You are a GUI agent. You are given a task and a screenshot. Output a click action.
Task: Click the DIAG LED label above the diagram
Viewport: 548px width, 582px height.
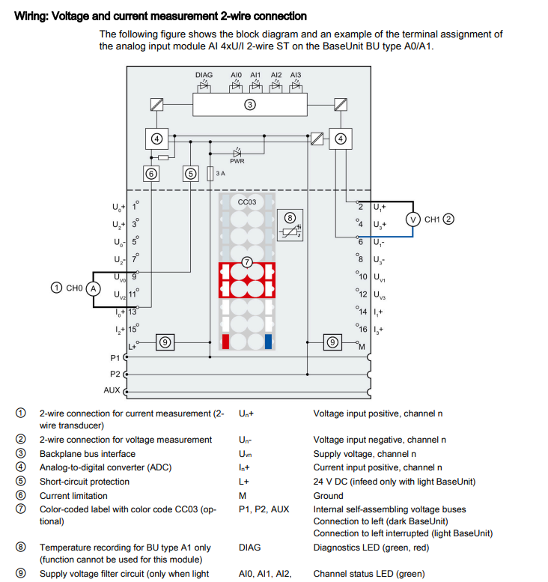point(204,76)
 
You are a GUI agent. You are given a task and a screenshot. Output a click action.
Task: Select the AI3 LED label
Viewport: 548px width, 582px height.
point(296,76)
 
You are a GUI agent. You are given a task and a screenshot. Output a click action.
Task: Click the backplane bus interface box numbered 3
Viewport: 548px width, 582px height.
point(251,105)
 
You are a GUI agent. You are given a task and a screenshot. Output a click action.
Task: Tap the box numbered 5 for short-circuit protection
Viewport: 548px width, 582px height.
point(191,174)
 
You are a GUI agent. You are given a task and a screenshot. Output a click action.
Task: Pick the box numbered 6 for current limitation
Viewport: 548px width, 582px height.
point(152,174)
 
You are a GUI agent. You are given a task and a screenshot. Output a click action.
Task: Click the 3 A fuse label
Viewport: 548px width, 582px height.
point(220,174)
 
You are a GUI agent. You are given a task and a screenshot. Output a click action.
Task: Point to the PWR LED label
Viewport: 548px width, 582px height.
point(237,161)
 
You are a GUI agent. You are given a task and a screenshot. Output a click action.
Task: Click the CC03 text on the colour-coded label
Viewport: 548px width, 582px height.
point(247,202)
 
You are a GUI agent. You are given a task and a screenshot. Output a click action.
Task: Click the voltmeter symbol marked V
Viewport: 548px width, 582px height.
point(412,219)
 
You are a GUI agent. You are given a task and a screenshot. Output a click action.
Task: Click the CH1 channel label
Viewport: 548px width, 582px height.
point(432,219)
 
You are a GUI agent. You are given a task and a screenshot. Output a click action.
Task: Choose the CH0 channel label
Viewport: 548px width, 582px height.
point(73,288)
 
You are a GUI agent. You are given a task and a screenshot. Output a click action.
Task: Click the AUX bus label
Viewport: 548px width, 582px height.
point(112,390)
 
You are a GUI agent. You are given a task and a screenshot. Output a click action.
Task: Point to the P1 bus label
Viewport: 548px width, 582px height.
point(115,358)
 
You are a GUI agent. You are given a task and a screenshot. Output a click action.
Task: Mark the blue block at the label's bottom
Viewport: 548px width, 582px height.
point(268,342)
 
